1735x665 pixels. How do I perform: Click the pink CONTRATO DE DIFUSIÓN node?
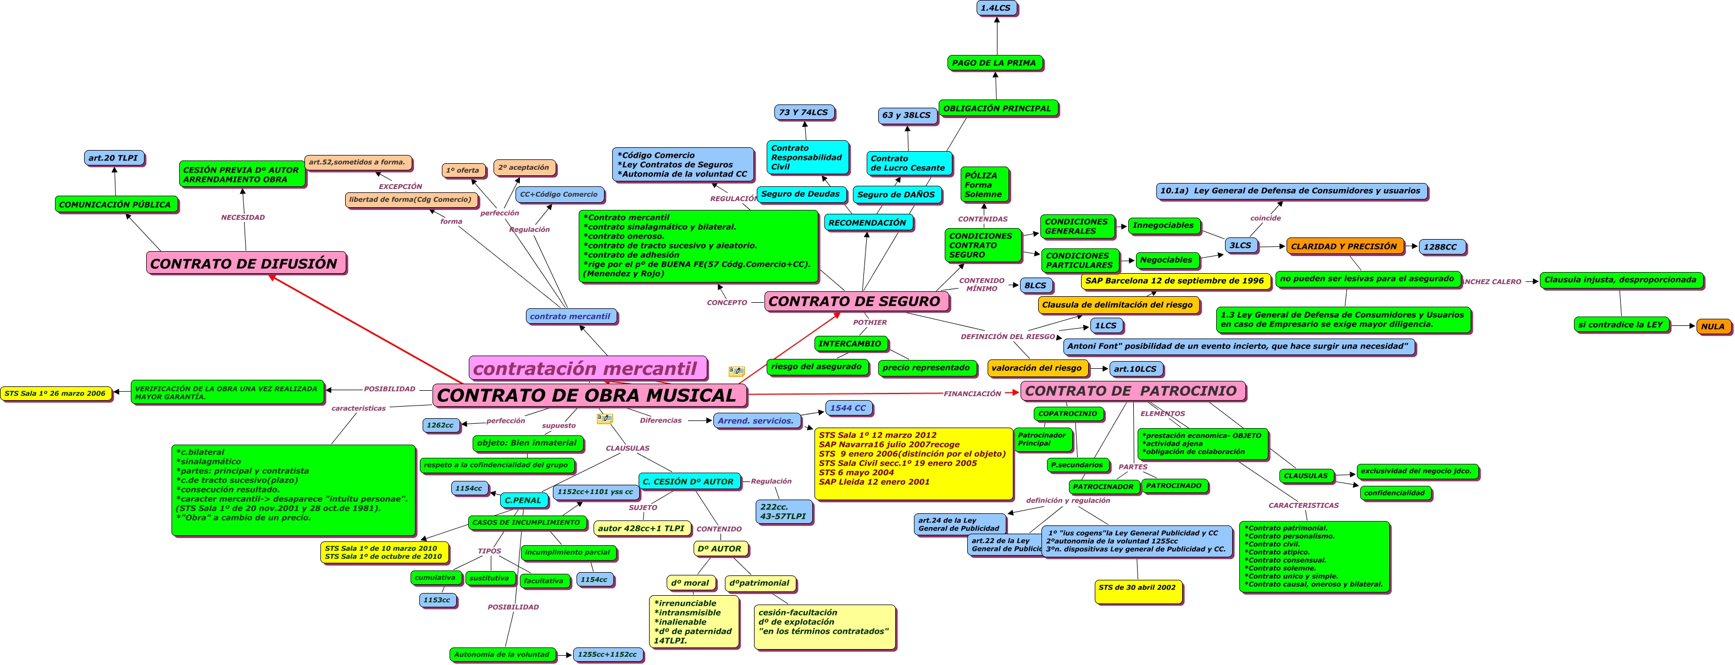click(x=245, y=263)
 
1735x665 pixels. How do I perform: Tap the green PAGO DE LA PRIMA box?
click(x=994, y=63)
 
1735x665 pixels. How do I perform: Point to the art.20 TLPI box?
click(x=113, y=158)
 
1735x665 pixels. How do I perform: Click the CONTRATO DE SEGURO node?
click(x=855, y=301)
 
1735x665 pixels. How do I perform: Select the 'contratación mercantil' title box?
click(x=586, y=368)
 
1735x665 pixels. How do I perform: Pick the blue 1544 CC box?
click(x=848, y=408)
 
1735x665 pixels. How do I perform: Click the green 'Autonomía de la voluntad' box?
click(x=502, y=653)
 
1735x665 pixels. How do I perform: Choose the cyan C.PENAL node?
click(x=523, y=500)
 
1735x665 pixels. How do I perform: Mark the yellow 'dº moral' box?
click(x=690, y=583)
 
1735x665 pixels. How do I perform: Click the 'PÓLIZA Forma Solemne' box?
click(x=983, y=185)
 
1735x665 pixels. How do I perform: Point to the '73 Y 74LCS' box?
click(x=803, y=113)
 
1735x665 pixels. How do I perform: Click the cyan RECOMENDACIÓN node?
click(x=867, y=223)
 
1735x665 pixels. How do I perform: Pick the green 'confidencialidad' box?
click(x=1394, y=492)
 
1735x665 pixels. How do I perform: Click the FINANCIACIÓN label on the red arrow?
click(x=972, y=394)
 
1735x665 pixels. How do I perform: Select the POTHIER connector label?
click(x=869, y=322)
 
